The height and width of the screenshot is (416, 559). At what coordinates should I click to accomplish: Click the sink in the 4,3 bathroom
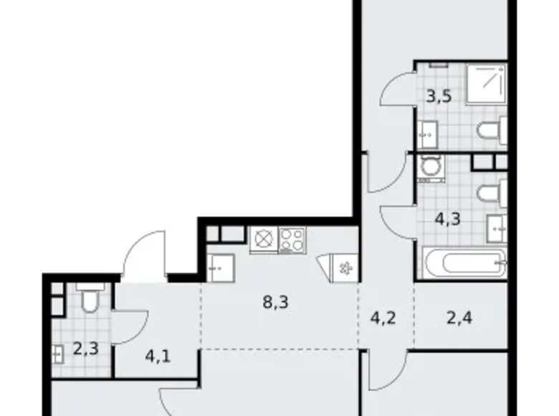[x=498, y=227]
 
